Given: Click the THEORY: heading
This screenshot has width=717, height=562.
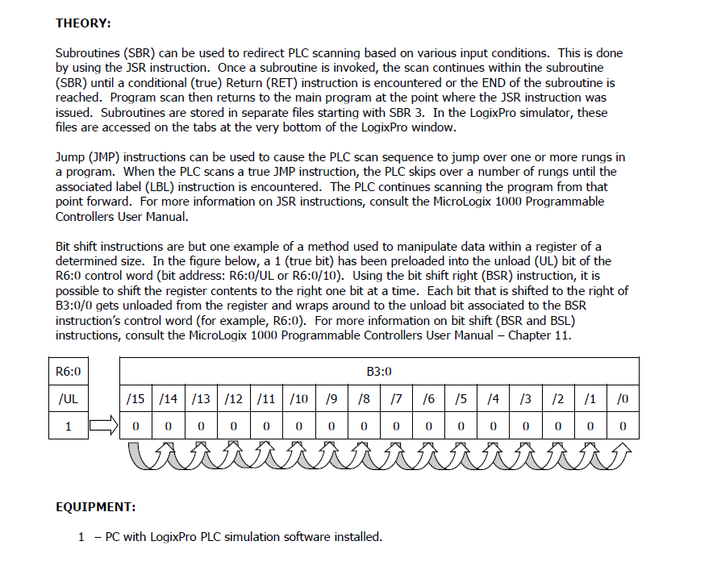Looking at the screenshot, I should coord(83,23).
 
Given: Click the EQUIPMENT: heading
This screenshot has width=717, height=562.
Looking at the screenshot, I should coord(95,506).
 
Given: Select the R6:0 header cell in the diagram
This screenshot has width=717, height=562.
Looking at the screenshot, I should coord(69,372).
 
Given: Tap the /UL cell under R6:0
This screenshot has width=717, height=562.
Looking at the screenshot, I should coord(69,398).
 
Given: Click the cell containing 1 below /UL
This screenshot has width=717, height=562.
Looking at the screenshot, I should coord(69,426).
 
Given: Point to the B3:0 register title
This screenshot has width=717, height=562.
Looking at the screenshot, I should coord(379,372).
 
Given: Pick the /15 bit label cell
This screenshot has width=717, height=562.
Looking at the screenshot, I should coord(135,398).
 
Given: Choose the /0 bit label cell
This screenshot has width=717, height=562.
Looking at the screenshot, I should coord(623,398).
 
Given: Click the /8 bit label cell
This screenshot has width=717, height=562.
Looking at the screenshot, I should coord(363,398).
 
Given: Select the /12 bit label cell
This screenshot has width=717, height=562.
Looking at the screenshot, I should coord(233,398).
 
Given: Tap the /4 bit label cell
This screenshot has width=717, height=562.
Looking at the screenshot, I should coord(493,398).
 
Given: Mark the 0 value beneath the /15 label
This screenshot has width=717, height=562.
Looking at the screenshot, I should coord(135,426).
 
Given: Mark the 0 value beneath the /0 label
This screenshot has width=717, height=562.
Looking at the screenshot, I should coord(623,426).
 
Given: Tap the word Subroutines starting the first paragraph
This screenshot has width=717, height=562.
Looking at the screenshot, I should coord(85,53).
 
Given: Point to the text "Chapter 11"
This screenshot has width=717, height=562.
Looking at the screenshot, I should coord(542,335).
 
